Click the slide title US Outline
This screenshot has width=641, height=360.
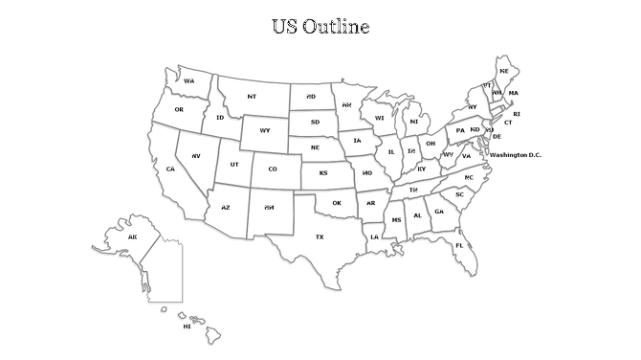[320, 26]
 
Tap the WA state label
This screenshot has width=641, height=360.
[189, 80]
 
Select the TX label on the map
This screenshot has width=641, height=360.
[320, 236]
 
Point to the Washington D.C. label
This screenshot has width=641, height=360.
[515, 154]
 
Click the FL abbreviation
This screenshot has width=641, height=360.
[459, 245]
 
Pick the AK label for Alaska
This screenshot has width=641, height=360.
[133, 236]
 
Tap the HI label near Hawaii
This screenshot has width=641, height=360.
[187, 326]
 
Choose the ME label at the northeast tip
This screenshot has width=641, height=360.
[504, 71]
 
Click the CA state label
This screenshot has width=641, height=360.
[170, 169]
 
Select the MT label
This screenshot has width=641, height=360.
[252, 97]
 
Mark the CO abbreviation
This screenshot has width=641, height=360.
[273, 169]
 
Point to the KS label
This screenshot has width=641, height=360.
[323, 173]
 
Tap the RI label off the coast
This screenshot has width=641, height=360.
[517, 114]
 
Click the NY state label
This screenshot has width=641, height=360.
[473, 106]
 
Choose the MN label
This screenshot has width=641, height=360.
[346, 104]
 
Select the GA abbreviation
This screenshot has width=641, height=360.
[439, 212]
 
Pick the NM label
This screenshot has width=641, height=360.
[269, 208]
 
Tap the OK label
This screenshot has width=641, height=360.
[337, 203]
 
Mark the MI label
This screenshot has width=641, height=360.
[414, 122]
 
